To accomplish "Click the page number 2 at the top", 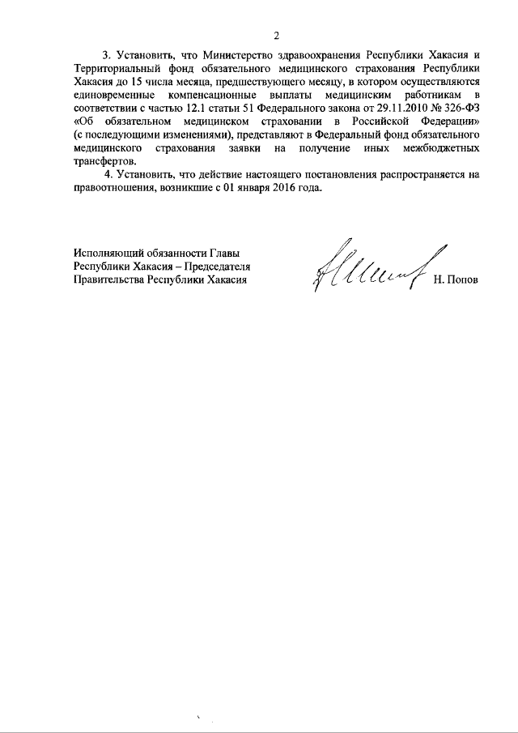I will (276, 36).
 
